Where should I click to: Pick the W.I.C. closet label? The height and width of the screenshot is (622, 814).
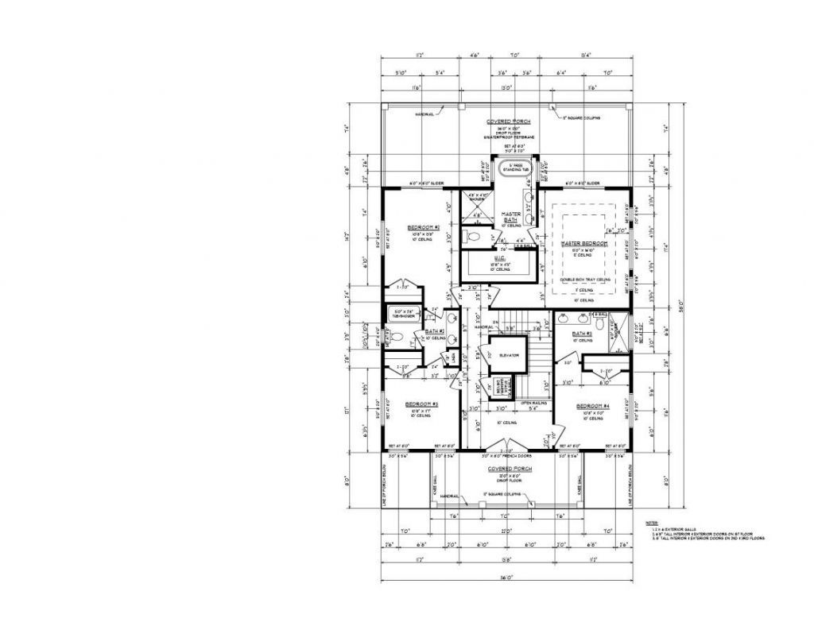tap(502, 258)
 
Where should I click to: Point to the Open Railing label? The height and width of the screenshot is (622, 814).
tap(532, 403)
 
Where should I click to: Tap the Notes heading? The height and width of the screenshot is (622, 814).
tap(653, 522)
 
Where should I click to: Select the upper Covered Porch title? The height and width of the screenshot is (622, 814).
tap(508, 122)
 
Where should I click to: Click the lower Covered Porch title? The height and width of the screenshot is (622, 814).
tap(508, 469)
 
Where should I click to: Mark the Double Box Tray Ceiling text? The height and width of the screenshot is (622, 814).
tap(585, 280)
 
